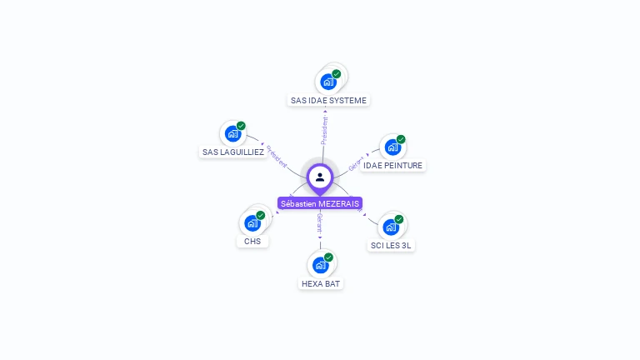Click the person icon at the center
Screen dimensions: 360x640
point(320,177)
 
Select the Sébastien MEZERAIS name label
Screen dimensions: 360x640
point(320,203)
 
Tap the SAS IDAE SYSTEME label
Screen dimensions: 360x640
point(328,100)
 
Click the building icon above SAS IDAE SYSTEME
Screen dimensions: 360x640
point(327,82)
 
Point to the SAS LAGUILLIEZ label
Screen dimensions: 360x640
point(233,152)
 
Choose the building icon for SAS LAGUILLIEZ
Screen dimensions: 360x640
point(232,133)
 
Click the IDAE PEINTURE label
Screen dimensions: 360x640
point(393,166)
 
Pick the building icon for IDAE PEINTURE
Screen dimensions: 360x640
point(392,147)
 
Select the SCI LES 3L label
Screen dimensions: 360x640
point(391,246)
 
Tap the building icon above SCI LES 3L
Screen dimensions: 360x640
point(391,227)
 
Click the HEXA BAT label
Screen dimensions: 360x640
point(321,283)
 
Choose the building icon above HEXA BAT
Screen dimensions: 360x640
point(320,265)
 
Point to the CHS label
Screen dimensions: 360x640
point(252,242)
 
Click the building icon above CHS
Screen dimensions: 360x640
point(252,222)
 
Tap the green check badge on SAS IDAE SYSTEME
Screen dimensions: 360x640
point(337,74)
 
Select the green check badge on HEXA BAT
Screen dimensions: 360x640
point(328,257)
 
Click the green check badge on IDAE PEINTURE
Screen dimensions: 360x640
point(401,140)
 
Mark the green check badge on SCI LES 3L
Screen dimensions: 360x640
point(399,219)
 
